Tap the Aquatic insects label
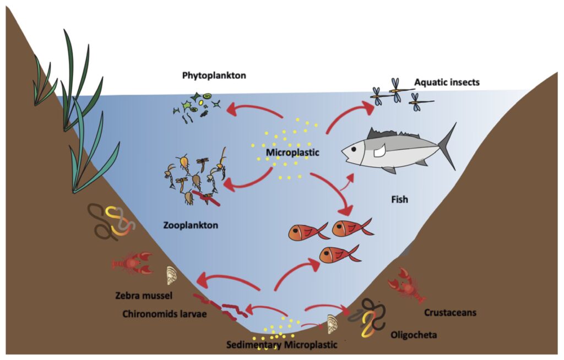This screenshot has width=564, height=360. (x=447, y=83)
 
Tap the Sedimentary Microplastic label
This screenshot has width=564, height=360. (x=281, y=345)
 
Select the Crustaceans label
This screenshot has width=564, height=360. (x=450, y=313)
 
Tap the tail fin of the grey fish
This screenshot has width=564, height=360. (x=448, y=146)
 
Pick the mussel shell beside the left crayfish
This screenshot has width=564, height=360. (x=172, y=275)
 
